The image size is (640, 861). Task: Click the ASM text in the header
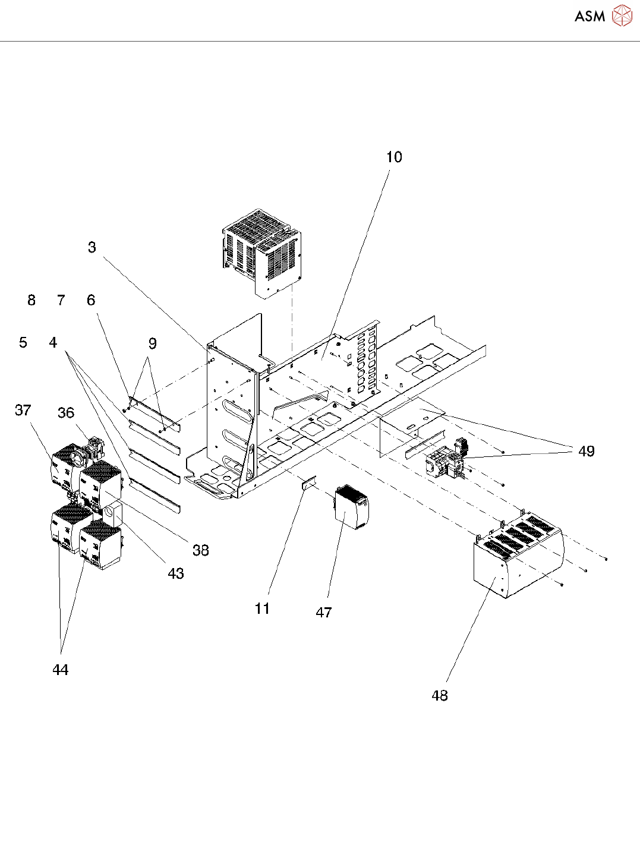(x=589, y=16)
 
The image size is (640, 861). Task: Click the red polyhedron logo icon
(x=622, y=15)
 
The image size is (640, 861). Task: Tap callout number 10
(x=394, y=157)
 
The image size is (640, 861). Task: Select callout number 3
(x=92, y=247)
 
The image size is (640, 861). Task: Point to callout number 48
(x=440, y=695)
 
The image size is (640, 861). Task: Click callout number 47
(x=324, y=613)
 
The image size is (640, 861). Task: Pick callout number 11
(x=262, y=608)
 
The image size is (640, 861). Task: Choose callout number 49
(x=587, y=451)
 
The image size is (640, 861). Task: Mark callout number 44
(x=61, y=670)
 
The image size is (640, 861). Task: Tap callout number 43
(x=176, y=573)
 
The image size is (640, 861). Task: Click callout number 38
(x=201, y=550)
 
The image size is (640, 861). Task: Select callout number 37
(x=23, y=410)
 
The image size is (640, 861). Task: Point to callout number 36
(x=66, y=413)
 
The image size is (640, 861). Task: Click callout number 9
(x=153, y=343)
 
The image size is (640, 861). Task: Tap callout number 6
(x=91, y=300)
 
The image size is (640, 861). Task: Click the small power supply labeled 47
(x=351, y=507)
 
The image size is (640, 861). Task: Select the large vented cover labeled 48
(x=517, y=556)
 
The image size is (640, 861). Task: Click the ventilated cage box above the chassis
(x=261, y=250)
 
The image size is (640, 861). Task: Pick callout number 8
(x=31, y=300)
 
